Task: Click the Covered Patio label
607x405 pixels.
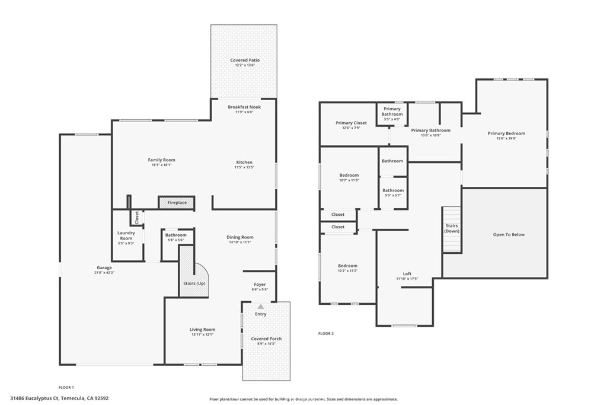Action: click(x=245, y=60)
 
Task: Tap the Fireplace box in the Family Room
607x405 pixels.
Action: click(x=177, y=203)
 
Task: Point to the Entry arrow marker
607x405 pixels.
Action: click(x=260, y=307)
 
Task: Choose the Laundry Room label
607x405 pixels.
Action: click(x=126, y=235)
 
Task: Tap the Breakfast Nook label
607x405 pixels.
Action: click(x=244, y=107)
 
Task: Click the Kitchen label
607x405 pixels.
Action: click(x=244, y=162)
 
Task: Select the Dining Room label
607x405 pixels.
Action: click(x=240, y=237)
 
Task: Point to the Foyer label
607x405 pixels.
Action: click(x=260, y=285)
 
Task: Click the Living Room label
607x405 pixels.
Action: click(x=203, y=330)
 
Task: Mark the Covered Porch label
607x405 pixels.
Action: click(x=266, y=339)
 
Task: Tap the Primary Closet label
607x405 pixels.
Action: click(x=352, y=123)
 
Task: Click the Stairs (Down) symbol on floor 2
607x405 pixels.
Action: click(x=452, y=229)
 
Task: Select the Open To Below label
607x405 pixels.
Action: click(x=509, y=235)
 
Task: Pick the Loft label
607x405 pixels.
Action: click(x=407, y=274)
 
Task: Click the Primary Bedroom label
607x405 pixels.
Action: click(x=506, y=133)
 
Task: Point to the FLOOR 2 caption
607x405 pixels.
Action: click(x=326, y=334)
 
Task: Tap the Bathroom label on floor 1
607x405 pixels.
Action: click(x=176, y=235)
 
